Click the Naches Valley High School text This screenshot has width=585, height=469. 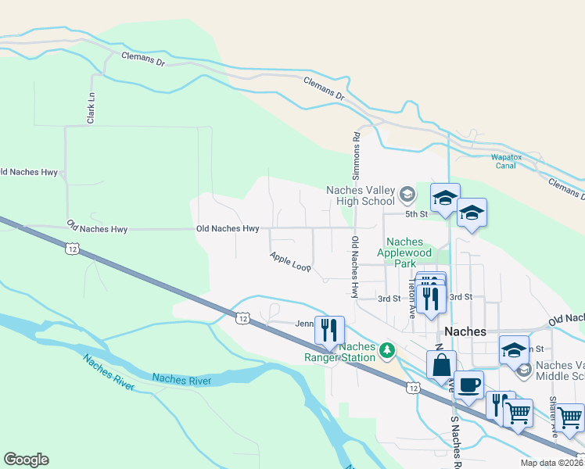(361, 195)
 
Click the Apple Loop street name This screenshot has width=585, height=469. (290, 262)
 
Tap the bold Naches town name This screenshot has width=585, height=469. (466, 331)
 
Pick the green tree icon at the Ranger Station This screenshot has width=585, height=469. (387, 349)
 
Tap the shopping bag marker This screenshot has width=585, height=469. (441, 364)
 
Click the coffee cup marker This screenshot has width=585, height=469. (468, 385)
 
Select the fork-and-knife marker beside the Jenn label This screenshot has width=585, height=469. (329, 329)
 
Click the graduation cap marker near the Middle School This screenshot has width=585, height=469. (514, 350)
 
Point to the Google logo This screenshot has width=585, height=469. (26, 460)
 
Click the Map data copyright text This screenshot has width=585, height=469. (551, 463)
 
